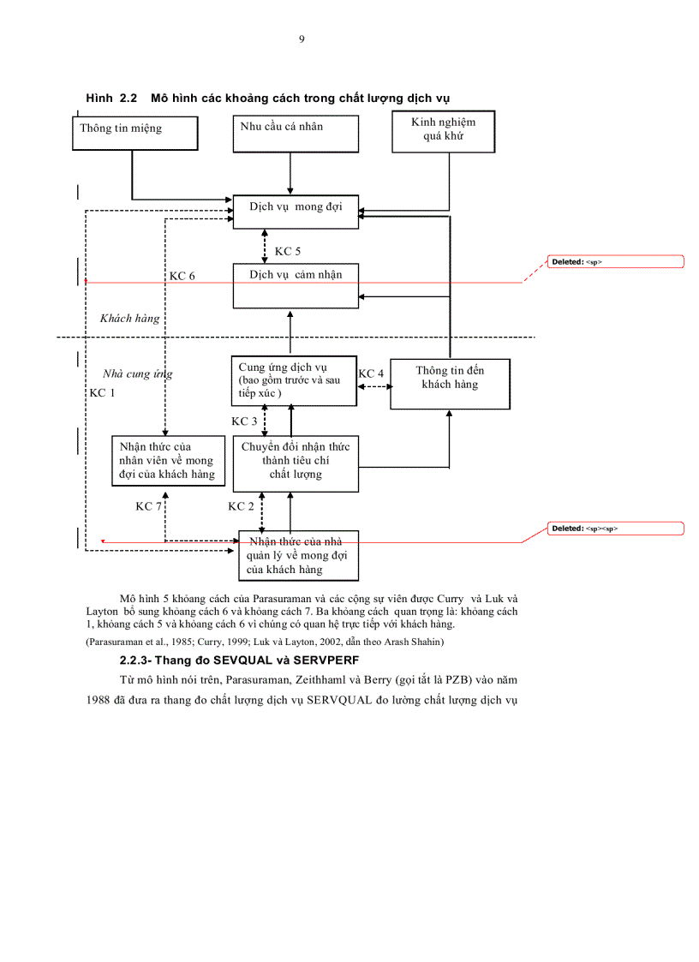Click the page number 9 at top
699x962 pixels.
pyautogui.click(x=302, y=39)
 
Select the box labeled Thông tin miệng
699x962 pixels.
pyautogui.click(x=135, y=133)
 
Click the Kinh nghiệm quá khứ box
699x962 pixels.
pyautogui.click(x=443, y=132)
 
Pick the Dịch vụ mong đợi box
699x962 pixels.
pyautogui.click(x=296, y=211)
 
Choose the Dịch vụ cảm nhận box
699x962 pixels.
pyautogui.click(x=296, y=285)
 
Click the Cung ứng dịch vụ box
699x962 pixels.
pyautogui.click(x=294, y=381)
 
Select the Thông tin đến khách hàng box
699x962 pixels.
pyautogui.click(x=450, y=383)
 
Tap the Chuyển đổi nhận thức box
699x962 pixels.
pyautogui.click(x=296, y=463)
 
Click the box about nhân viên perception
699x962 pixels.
pyautogui.click(x=167, y=461)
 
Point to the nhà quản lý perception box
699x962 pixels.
pyautogui.click(x=298, y=555)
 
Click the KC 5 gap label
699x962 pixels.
pyautogui.click(x=287, y=252)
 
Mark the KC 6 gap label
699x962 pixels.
pyautogui.click(x=182, y=276)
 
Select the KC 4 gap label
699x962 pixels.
pyautogui.click(x=371, y=373)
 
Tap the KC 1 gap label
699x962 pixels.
pyautogui.click(x=102, y=392)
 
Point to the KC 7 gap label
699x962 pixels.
pyautogui.click(x=148, y=506)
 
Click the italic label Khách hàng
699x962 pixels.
pyautogui.click(x=129, y=319)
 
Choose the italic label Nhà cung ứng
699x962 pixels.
pyautogui.click(x=137, y=373)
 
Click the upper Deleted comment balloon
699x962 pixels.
pyautogui.click(x=616, y=262)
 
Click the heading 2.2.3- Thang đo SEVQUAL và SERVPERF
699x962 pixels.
pyautogui.click(x=239, y=661)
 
